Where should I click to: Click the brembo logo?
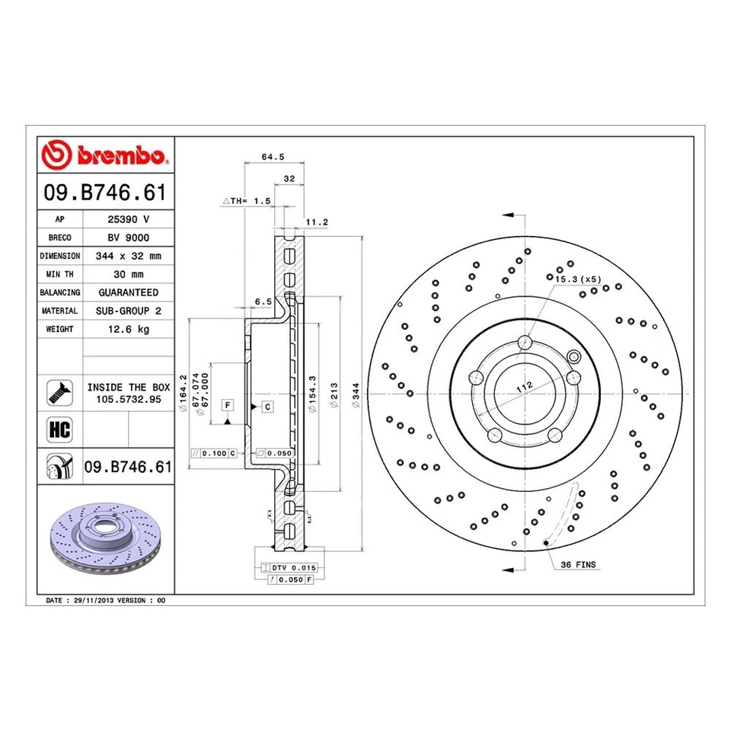click(106, 155)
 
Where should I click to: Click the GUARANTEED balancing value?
click(128, 292)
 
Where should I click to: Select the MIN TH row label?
click(59, 274)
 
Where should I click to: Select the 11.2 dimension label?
click(316, 222)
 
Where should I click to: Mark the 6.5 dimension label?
click(262, 302)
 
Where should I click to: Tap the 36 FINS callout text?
click(579, 565)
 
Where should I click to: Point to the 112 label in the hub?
click(524, 387)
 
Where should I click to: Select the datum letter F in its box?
click(227, 403)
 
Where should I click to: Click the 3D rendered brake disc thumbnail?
click(105, 542)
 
